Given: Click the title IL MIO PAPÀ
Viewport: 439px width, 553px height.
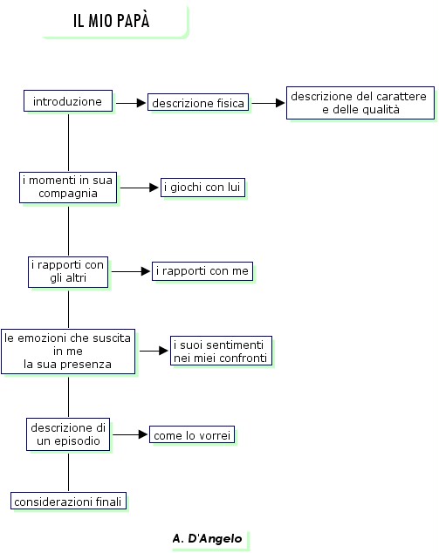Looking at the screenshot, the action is tap(112, 20).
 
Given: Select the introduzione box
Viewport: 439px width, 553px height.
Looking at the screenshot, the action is tap(68, 101).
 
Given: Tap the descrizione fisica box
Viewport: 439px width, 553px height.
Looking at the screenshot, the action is tap(198, 102).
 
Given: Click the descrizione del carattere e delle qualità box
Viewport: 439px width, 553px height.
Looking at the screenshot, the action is tap(360, 103).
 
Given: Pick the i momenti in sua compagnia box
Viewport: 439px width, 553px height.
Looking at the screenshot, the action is tap(68, 188).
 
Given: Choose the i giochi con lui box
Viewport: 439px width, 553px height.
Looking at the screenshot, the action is tap(202, 187).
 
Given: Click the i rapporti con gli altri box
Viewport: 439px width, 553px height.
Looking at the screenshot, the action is tap(68, 272).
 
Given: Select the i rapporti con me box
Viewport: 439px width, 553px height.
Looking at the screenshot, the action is tap(202, 271).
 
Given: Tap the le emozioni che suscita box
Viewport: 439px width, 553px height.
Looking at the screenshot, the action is tap(68, 352).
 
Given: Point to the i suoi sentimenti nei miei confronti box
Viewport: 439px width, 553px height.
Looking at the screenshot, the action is tap(222, 351).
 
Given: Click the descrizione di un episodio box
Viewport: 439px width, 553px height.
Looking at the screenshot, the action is tap(68, 434).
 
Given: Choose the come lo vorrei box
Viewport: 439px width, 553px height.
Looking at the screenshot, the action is tap(192, 435).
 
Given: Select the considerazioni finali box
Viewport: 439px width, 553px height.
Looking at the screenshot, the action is tap(68, 501).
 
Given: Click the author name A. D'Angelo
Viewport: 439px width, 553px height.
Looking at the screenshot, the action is tap(208, 538).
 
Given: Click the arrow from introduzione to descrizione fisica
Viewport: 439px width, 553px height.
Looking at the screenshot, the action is tap(131, 103).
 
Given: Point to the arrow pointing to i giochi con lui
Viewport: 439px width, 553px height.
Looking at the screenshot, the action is tap(140, 188).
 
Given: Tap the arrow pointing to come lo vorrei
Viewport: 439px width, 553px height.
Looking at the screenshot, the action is tap(130, 434).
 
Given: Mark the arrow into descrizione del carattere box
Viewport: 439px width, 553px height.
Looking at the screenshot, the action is tap(268, 103).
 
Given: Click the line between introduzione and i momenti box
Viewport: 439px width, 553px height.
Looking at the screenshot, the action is tap(68, 142).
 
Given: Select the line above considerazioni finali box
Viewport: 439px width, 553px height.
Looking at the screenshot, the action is tap(68, 472).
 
